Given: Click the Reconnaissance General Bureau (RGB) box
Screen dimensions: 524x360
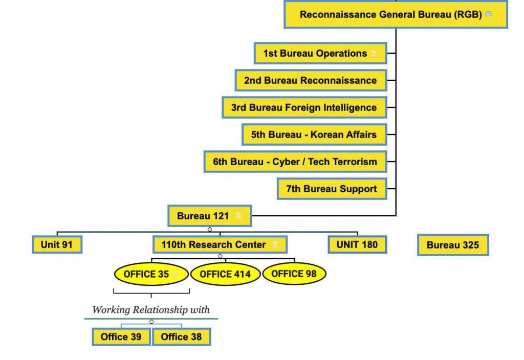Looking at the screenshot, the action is tap(396, 14).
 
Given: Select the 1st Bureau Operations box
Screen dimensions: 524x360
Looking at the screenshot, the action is tap(320, 53).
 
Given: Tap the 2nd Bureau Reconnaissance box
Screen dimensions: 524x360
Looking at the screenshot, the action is tap(311, 80).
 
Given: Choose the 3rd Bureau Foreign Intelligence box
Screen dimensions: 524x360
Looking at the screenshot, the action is tap(304, 107).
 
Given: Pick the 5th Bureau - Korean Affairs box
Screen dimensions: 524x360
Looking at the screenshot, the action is tap(314, 134).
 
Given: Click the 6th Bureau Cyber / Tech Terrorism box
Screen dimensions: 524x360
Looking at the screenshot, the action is tap(295, 162).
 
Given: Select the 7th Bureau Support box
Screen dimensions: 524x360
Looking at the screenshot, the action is tap(332, 189).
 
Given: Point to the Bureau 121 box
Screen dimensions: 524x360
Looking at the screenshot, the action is tap(209, 216).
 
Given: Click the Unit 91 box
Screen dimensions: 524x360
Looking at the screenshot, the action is tap(57, 244).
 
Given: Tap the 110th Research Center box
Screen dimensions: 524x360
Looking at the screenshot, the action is tap(220, 244).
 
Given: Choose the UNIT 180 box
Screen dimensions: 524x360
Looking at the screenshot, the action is tap(357, 244).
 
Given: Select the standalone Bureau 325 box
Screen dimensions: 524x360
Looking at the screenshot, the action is tap(453, 245).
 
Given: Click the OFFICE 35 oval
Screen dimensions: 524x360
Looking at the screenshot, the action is tap(151, 274).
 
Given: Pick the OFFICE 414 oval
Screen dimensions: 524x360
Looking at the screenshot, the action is tap(225, 274).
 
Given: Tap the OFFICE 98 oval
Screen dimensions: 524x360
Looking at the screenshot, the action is tap(294, 274).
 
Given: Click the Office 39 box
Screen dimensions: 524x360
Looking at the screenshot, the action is tap(121, 336).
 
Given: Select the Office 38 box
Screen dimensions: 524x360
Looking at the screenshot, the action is tap(182, 336).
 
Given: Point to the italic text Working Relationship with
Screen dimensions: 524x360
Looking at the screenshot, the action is tap(151, 309).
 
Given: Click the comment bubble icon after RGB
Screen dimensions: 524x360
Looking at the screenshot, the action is tap(488, 14).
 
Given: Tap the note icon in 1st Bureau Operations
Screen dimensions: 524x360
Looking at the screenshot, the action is tap(374, 53).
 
